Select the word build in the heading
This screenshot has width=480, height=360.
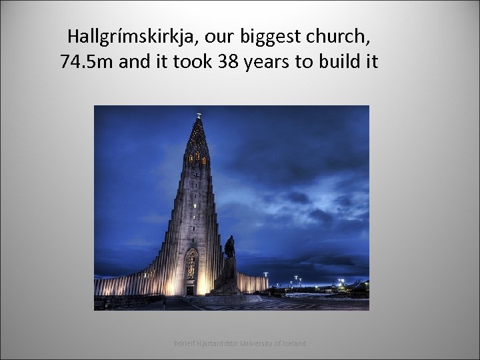(x=339, y=63)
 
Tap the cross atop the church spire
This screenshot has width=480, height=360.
(x=198, y=116)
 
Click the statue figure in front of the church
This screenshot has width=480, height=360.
(x=229, y=247)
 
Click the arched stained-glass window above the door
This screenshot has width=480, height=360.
(x=192, y=265)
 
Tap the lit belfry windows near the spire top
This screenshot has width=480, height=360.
(x=197, y=157)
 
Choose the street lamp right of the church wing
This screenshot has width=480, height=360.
(x=265, y=275)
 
